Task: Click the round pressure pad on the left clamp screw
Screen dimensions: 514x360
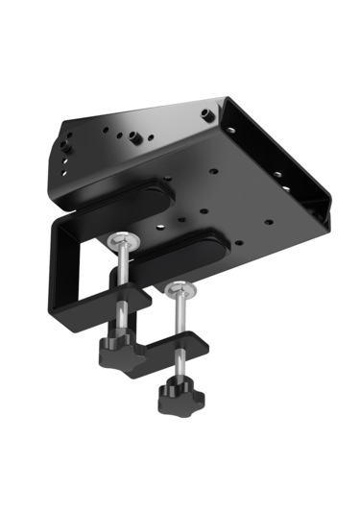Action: tap(122, 241)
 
